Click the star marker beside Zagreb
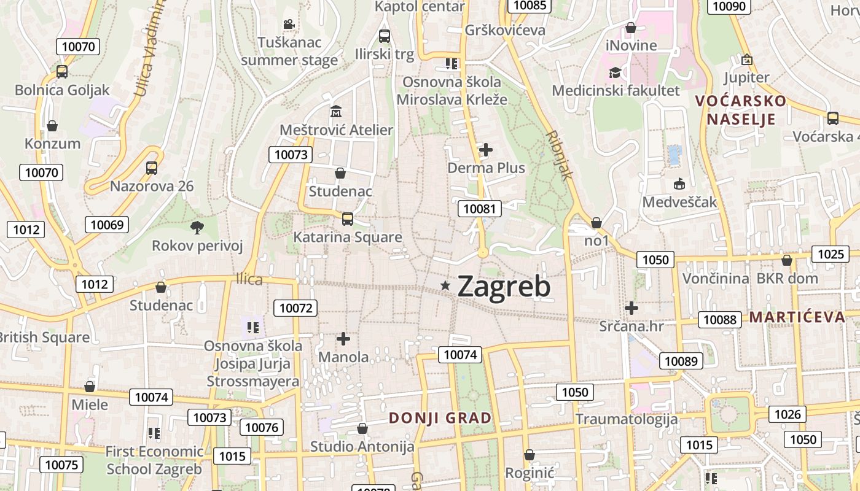point(445,285)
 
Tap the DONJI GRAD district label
point(440,418)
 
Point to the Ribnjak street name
point(559,155)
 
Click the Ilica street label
point(249,280)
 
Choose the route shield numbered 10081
point(480,209)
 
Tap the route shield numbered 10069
point(107,225)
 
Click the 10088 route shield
point(720,319)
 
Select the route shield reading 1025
point(831,253)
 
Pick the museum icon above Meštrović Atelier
point(336,112)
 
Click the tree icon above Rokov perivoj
point(197,228)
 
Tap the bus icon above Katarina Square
point(348,218)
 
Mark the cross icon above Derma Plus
point(486,149)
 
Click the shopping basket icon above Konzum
point(53,126)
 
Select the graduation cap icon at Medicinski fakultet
point(615,73)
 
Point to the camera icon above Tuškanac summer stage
point(289,25)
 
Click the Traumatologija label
point(627,419)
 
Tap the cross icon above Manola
point(343,338)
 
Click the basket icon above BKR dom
point(787,260)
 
